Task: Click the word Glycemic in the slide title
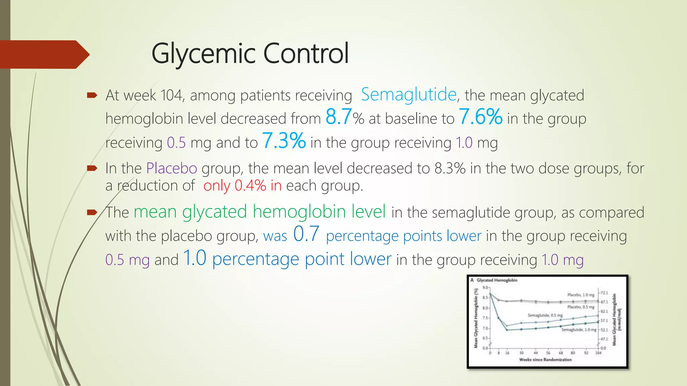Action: (204, 54)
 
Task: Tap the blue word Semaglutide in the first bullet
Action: (409, 94)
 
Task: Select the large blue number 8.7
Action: (338, 117)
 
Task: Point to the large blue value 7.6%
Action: (480, 117)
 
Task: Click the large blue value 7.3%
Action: (284, 141)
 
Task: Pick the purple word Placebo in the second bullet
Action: (171, 168)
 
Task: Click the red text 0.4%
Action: (250, 186)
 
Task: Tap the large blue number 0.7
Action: (306, 234)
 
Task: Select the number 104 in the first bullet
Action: (171, 95)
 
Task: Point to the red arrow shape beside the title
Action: (44, 55)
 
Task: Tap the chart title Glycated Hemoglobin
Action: (497, 280)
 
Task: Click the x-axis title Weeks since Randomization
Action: (545, 360)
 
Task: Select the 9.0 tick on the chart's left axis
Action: (485, 287)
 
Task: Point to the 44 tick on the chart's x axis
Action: (535, 353)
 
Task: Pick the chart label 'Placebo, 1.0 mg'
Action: (581, 295)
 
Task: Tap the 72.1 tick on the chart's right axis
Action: (604, 293)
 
